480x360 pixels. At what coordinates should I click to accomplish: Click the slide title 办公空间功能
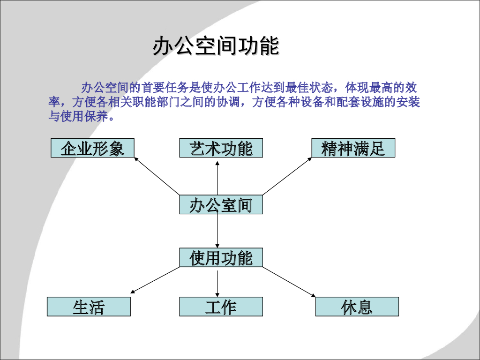pyautogui.click(x=216, y=46)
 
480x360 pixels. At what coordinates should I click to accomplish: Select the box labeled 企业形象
pyautogui.click(x=92, y=148)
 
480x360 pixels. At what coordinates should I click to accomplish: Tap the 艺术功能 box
pyautogui.click(x=221, y=148)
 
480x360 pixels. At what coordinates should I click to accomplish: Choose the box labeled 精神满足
pyautogui.click(x=353, y=148)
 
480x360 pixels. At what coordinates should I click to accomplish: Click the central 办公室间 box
pyautogui.click(x=221, y=205)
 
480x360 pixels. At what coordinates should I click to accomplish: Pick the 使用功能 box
pyautogui.click(x=221, y=258)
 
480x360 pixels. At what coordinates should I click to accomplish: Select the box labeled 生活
pyautogui.click(x=89, y=307)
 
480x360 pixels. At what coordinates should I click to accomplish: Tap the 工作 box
pyautogui.click(x=221, y=307)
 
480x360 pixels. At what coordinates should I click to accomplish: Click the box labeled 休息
pyautogui.click(x=357, y=307)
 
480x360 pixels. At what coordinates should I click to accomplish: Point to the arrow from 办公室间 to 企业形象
pyautogui.click(x=157, y=176)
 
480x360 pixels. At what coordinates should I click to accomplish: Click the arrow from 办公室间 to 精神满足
pyautogui.click(x=287, y=176)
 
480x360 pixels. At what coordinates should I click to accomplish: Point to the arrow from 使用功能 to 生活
pyautogui.click(x=155, y=280)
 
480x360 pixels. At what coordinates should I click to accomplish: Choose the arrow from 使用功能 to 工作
pyautogui.click(x=217, y=282)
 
